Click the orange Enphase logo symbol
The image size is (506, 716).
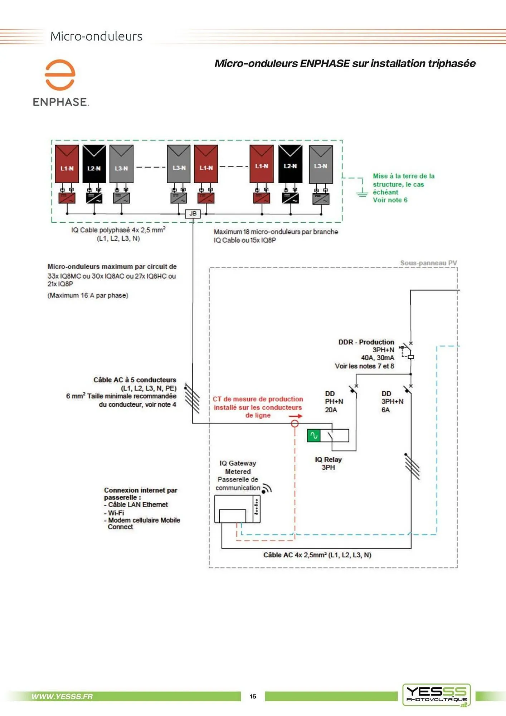point(60,74)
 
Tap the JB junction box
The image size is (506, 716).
point(193,214)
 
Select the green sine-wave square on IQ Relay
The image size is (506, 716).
point(313,435)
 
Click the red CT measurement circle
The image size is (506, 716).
point(295,424)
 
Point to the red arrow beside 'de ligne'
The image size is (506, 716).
point(296,416)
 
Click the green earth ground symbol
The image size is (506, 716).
point(362,194)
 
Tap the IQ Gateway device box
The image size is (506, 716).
point(237,509)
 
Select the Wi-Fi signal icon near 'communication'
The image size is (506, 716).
point(267,489)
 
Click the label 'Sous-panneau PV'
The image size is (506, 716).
point(428,263)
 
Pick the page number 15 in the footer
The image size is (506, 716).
point(253,696)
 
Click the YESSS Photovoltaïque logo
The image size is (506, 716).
point(436,695)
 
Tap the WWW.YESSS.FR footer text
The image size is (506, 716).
point(62,696)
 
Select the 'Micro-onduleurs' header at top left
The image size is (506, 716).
point(96,36)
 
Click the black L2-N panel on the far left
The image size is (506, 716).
point(94,164)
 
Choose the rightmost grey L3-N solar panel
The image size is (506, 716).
point(321,164)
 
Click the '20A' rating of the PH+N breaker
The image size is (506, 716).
point(331,410)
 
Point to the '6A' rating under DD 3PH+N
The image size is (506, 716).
point(385,410)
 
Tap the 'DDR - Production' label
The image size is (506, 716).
point(366,342)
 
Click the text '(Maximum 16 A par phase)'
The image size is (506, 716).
point(88,295)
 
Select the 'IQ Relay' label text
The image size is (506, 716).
point(328,459)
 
